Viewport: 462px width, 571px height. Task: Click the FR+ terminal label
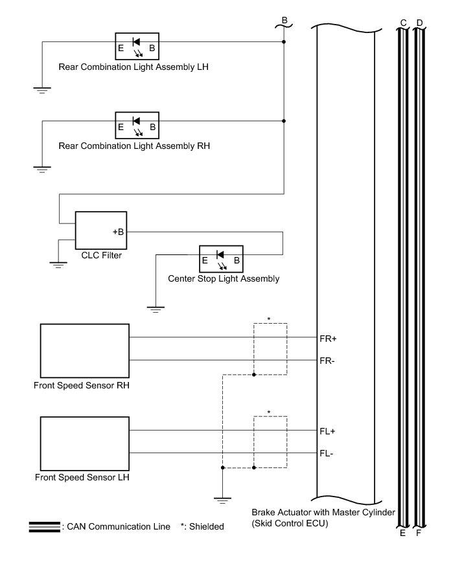(x=328, y=338)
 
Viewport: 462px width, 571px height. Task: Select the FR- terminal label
(x=327, y=360)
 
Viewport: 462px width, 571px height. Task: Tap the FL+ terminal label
(x=327, y=431)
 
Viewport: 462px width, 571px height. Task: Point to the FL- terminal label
(x=327, y=453)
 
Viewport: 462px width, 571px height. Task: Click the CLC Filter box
(x=101, y=230)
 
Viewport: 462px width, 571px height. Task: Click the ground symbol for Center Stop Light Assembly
(x=156, y=308)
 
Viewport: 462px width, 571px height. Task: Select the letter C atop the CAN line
(x=403, y=23)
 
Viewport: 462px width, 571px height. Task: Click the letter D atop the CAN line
(x=419, y=23)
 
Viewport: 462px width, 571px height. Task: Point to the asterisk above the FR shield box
(x=269, y=319)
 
